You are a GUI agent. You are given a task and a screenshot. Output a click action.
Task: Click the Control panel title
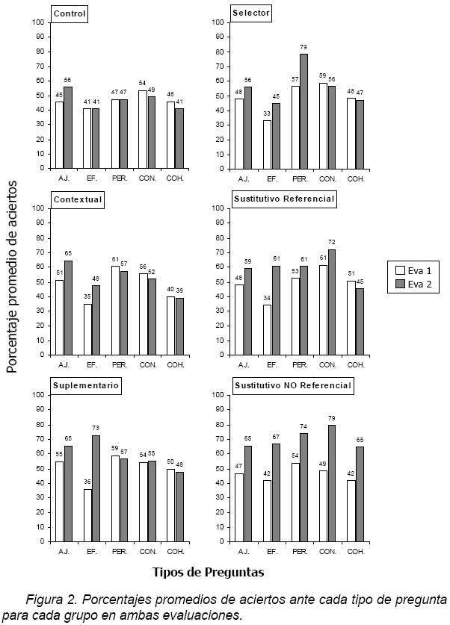tap(70, 13)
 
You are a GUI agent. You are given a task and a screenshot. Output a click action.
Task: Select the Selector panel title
tap(251, 13)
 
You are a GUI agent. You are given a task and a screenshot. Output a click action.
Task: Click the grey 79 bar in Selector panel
tap(303, 111)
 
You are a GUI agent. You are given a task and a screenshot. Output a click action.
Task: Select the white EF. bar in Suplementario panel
tap(87, 515)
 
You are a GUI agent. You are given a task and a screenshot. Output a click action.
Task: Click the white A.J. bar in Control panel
tap(60, 135)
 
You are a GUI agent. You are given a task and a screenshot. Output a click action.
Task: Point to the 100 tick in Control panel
tap(38, 22)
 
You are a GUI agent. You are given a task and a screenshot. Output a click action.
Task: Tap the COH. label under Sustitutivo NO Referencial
tap(355, 551)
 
